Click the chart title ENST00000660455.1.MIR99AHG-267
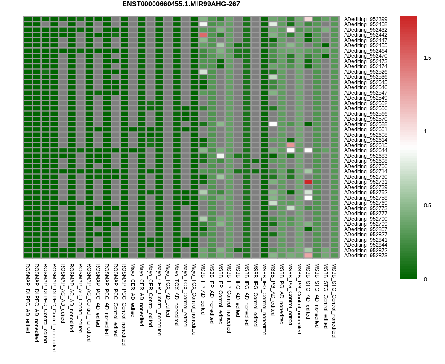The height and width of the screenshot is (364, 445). point(181,4)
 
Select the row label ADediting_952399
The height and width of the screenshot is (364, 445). point(366,19)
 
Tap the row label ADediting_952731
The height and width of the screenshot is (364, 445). point(366,182)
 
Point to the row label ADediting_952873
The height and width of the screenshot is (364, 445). point(366,256)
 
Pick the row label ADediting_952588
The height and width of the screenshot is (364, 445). point(366,124)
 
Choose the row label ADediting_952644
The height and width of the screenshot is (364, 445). point(366,150)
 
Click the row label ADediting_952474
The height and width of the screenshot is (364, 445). point(366,66)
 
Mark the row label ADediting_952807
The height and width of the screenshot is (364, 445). point(366,229)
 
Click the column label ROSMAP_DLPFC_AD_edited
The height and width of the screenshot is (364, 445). point(28,298)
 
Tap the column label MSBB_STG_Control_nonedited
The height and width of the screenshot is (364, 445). point(334,301)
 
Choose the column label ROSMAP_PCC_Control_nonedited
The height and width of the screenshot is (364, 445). point(124,305)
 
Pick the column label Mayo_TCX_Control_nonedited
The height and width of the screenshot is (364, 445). point(194,299)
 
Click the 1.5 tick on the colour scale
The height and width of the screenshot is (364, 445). point(427,58)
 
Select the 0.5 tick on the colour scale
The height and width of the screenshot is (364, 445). point(427,206)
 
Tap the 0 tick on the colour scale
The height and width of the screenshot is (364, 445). point(426,280)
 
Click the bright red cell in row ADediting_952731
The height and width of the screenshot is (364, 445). point(308,182)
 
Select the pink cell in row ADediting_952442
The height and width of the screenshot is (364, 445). point(203,35)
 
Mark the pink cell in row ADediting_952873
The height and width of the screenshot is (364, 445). point(308,256)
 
